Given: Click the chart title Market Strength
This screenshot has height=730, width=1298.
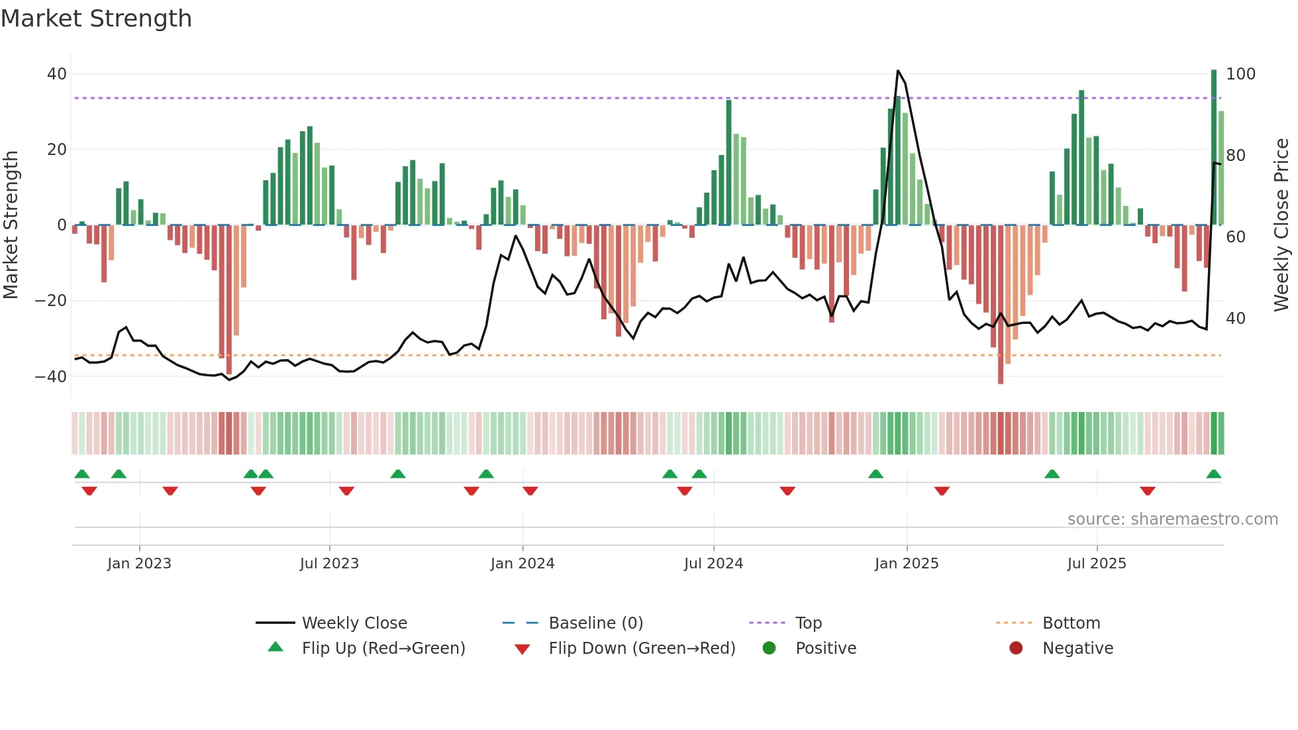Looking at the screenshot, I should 96,19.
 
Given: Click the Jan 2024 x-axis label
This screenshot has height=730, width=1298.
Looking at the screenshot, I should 522,564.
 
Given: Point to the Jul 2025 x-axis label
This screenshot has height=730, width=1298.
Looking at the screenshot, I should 1096,564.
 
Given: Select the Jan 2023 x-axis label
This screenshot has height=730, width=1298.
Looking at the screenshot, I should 139,564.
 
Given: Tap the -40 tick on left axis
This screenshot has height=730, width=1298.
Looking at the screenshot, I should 51,377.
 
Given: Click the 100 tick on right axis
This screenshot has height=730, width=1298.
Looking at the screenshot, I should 1240,74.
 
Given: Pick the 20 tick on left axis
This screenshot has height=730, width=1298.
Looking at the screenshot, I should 57,150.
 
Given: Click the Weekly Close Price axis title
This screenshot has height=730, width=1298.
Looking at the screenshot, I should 1281,225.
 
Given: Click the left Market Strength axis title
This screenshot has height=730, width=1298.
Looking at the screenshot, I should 11,225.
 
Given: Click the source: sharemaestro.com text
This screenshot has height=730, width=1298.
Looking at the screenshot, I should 1172,519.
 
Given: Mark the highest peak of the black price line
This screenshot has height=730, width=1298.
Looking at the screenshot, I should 898,71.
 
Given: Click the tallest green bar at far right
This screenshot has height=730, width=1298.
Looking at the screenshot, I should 1214,146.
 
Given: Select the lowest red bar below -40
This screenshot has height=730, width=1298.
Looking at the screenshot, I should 1001,305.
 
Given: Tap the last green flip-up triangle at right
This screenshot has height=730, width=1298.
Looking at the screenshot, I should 1214,474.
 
